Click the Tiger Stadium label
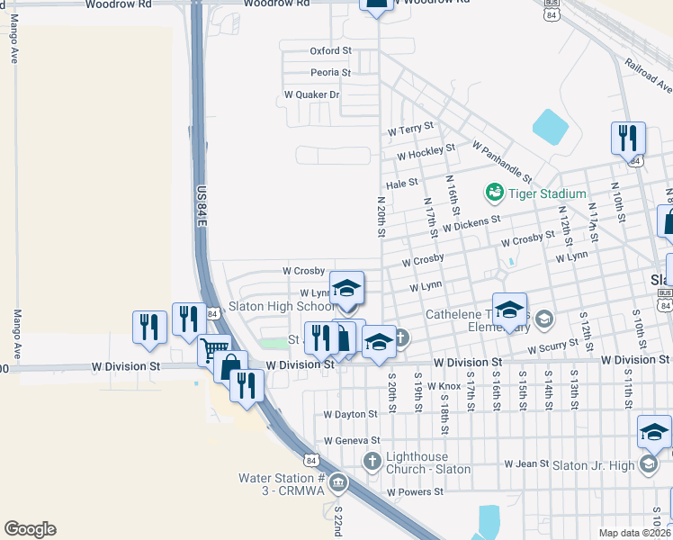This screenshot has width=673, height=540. pyautogui.click(x=547, y=193)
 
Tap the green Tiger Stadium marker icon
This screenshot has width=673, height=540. pyautogui.click(x=493, y=192)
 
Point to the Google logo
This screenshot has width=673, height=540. pyautogui.click(x=30, y=529)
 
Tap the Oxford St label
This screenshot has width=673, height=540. pyautogui.click(x=330, y=51)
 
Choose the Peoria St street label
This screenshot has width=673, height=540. pyautogui.click(x=330, y=72)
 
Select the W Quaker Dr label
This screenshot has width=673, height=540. pyautogui.click(x=311, y=94)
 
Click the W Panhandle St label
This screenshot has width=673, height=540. pyautogui.click(x=502, y=160)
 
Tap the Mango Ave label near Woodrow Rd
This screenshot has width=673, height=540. pyautogui.click(x=14, y=42)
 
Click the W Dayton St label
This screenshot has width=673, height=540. pyautogui.click(x=351, y=415)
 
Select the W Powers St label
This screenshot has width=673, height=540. pyautogui.click(x=415, y=492)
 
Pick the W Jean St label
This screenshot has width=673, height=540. pyautogui.click(x=526, y=464)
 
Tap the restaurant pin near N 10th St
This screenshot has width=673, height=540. pyautogui.click(x=628, y=138)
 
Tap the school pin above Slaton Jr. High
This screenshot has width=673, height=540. pyautogui.click(x=654, y=431)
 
